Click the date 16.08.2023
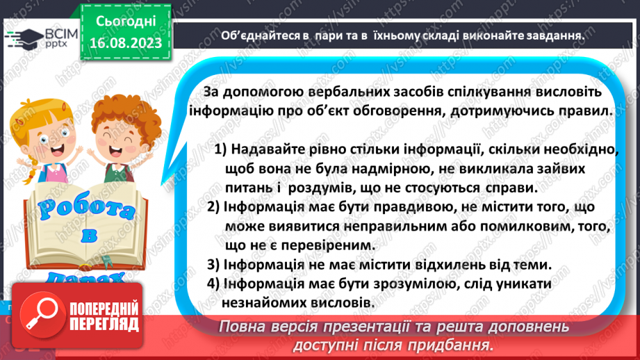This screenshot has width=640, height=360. (126, 43)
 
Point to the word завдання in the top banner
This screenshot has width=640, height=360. (554, 36)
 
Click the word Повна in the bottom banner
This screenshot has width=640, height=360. (244, 327)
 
